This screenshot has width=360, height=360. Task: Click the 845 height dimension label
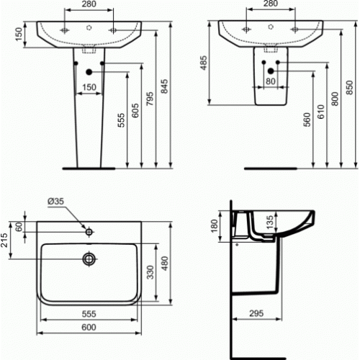164,86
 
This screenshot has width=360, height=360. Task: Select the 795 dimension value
150,99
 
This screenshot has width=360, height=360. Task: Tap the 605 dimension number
135,110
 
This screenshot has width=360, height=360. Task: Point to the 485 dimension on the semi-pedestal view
204,63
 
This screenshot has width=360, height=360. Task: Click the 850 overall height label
350,87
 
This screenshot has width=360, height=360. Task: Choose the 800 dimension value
336,99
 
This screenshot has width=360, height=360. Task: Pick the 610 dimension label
321,112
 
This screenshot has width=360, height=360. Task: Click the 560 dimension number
307,120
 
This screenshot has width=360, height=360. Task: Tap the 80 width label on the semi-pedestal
271,81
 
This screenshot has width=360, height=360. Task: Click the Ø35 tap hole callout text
56,201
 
